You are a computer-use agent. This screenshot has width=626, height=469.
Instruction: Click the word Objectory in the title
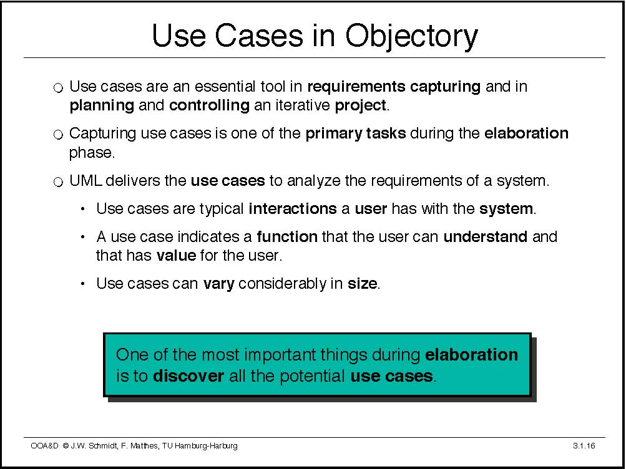(x=411, y=36)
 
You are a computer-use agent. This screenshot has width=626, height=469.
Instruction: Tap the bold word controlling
(x=210, y=105)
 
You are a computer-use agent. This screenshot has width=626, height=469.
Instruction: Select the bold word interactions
(x=293, y=208)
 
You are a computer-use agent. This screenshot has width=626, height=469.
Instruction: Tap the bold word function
(x=287, y=237)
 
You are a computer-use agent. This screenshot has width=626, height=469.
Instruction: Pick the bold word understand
(x=485, y=237)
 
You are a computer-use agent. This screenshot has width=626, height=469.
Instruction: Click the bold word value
(x=177, y=255)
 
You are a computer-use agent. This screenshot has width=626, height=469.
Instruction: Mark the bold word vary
(x=218, y=284)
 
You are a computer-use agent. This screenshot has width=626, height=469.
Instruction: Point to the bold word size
(x=362, y=284)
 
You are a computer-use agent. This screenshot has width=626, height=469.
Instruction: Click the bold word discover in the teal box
(x=188, y=376)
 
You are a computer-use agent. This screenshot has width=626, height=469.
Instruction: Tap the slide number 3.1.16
(x=584, y=445)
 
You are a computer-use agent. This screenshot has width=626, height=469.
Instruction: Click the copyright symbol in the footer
(x=65, y=445)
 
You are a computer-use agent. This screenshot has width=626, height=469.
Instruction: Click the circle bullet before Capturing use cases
(x=58, y=135)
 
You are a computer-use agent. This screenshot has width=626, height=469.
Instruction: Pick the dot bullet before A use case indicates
(x=82, y=237)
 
